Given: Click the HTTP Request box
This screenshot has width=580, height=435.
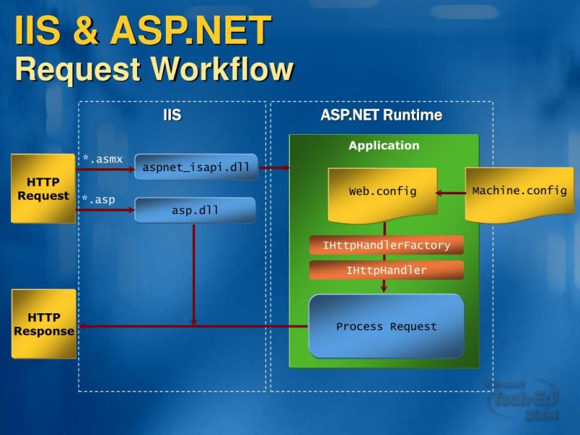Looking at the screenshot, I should (43, 188).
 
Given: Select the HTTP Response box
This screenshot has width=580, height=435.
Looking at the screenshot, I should (43, 324).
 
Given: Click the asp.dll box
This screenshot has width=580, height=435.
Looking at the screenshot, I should (195, 210).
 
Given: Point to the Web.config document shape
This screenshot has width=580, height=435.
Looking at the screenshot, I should (383, 193).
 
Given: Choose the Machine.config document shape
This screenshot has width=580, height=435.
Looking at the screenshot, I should (519, 192).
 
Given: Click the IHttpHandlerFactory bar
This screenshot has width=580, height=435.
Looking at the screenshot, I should (386, 245).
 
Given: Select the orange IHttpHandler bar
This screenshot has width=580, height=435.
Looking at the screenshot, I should (386, 270).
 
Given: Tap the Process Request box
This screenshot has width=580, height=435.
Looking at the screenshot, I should (386, 326).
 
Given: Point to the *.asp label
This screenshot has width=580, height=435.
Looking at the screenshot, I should (98, 199).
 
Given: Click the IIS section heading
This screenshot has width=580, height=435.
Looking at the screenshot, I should (172, 115).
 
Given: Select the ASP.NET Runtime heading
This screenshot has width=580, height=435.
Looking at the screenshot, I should (381, 115).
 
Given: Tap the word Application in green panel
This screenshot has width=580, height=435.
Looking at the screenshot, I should (384, 146).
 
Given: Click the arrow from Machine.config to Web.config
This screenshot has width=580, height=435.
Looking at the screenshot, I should (450, 193).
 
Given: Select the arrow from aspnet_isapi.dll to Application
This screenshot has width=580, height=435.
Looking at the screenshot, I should (273, 167).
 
